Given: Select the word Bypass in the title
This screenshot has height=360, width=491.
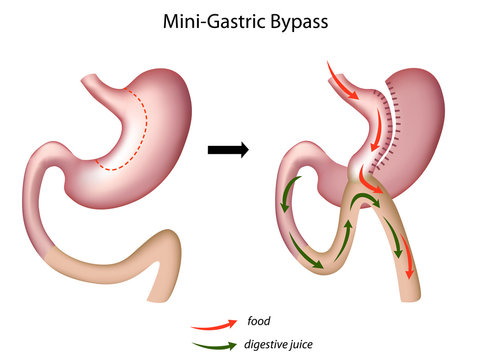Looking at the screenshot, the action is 297,19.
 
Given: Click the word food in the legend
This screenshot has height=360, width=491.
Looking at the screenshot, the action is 257,322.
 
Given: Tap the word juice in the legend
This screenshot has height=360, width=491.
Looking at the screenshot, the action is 309,345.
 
